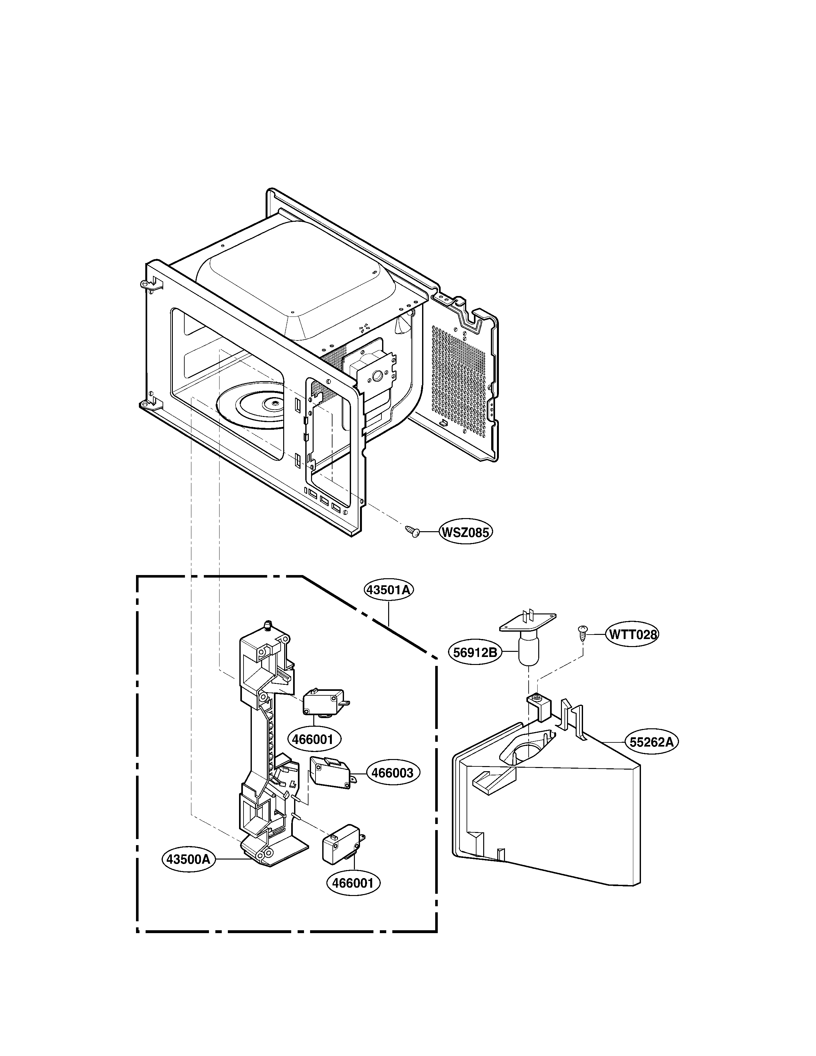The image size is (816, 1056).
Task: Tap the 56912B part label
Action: [475, 652]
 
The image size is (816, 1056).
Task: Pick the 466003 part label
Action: [393, 773]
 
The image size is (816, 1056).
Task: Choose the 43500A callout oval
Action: [188, 859]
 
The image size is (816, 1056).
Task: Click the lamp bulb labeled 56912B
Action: [529, 650]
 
